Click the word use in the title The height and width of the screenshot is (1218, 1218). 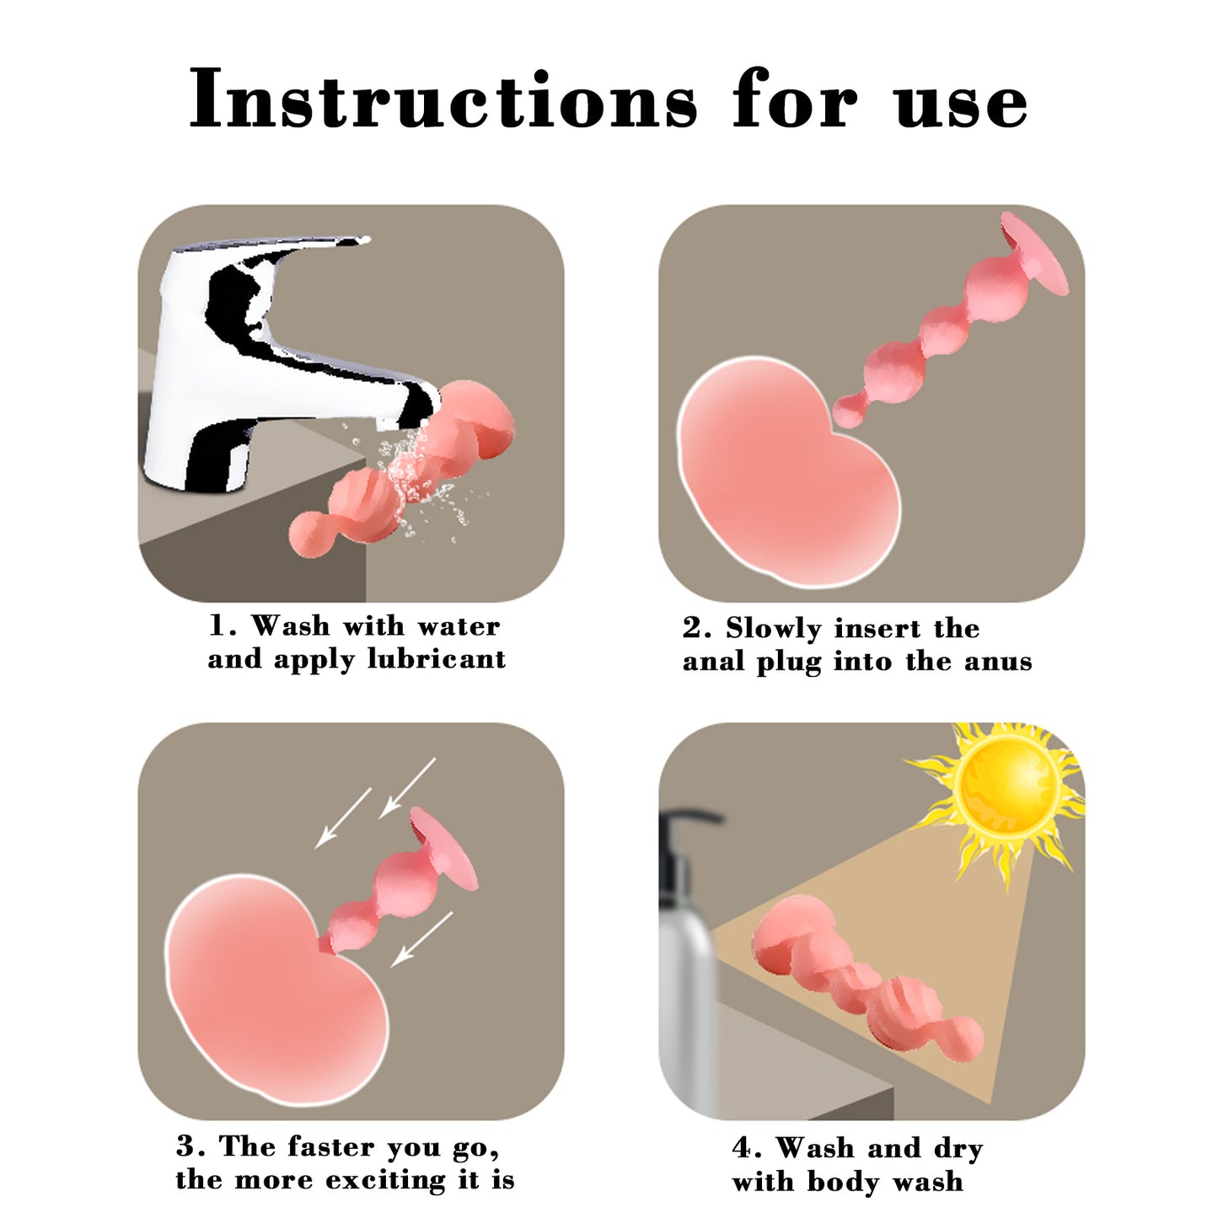[962, 105]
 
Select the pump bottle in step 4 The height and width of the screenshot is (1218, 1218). [686, 967]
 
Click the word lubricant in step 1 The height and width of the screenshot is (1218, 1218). [437, 659]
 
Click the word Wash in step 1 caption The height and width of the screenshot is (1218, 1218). [291, 625]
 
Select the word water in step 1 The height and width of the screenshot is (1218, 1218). [459, 627]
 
